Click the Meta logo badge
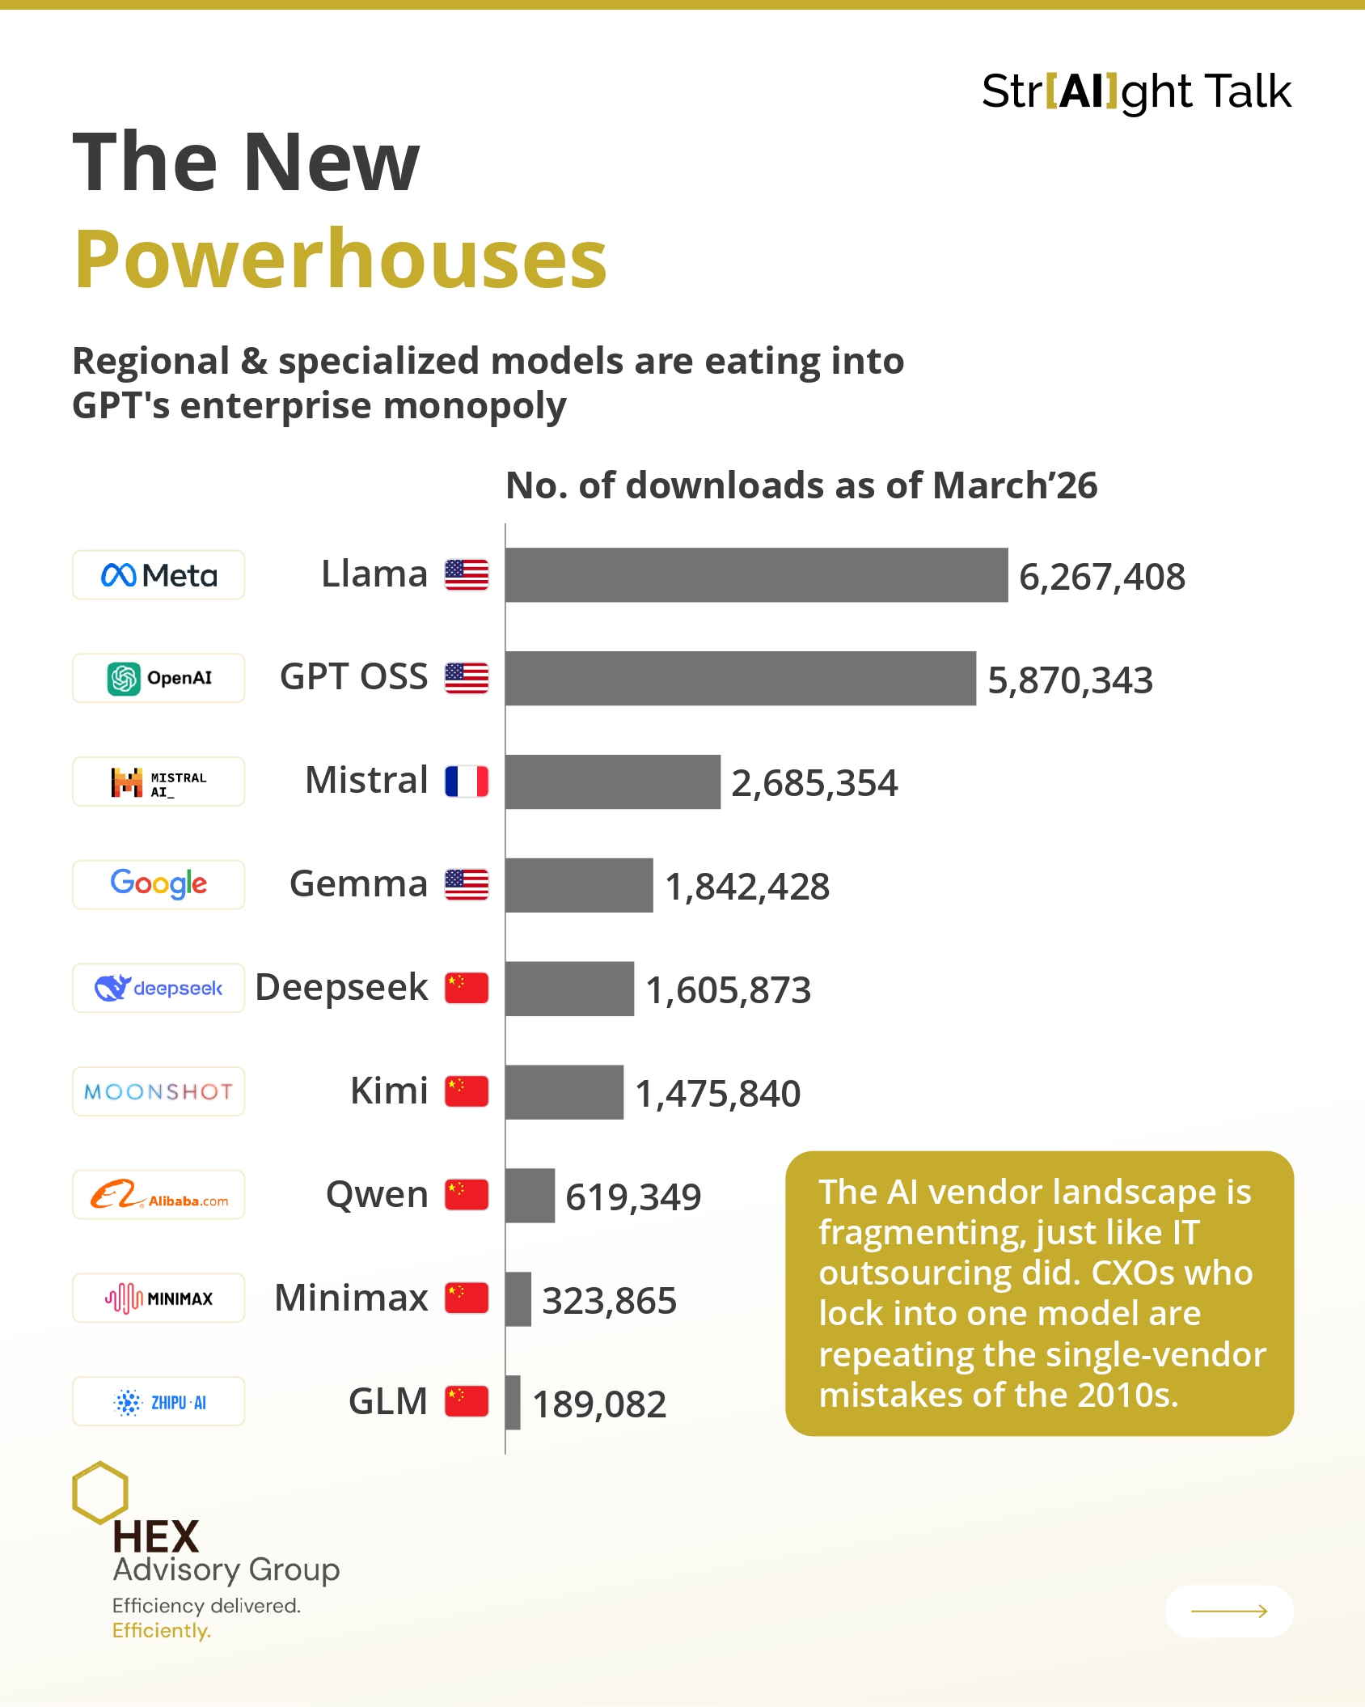[158, 575]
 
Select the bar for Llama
[756, 575]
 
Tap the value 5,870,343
[1070, 680]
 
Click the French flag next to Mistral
[467, 781]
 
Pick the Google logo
[158, 884]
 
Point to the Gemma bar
[579, 885]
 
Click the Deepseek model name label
[341, 988]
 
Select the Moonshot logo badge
[158, 1091]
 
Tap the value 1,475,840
[717, 1094]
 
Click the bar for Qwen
[530, 1195]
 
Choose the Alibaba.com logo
[158, 1195]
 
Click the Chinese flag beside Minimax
[467, 1298]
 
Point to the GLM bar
[513, 1402]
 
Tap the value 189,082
[599, 1404]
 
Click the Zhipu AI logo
[158, 1401]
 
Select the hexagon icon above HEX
[100, 1492]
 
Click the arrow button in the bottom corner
[1228, 1611]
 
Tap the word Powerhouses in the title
[340, 259]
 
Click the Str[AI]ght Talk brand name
[1136, 91]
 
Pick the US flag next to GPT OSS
[467, 678]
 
